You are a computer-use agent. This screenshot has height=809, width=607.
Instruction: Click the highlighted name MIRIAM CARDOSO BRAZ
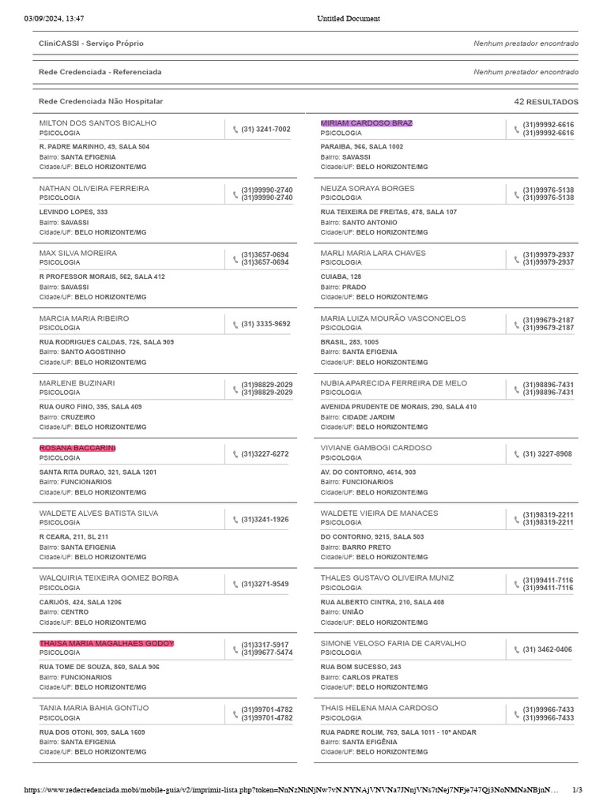click(x=366, y=123)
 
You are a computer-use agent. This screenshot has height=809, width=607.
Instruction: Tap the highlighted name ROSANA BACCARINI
click(x=77, y=448)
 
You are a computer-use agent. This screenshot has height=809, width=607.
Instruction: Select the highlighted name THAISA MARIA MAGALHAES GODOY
click(x=107, y=643)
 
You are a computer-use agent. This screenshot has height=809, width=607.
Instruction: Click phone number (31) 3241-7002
click(x=266, y=129)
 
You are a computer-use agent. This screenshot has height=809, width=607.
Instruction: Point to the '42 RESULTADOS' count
click(x=545, y=102)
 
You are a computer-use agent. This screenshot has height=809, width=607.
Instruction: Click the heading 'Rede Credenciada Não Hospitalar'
click(x=100, y=101)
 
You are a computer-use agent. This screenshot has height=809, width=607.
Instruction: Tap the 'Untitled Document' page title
click(x=349, y=18)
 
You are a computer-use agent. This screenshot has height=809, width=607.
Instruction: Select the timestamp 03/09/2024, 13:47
click(x=54, y=18)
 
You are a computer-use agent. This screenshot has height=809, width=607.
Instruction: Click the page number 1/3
click(x=577, y=789)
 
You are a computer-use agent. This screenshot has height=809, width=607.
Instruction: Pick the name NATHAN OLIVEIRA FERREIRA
click(x=94, y=189)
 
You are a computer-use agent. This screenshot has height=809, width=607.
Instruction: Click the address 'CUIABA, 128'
click(x=341, y=277)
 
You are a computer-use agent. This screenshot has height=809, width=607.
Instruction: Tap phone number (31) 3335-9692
click(x=266, y=324)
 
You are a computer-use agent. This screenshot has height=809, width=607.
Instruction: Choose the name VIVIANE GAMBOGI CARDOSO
click(x=376, y=448)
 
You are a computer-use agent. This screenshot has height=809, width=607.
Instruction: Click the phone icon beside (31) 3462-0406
click(x=516, y=649)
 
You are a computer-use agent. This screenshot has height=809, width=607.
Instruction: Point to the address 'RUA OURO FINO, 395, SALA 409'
click(x=91, y=407)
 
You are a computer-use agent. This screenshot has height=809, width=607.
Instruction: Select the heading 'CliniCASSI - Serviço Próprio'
click(x=91, y=43)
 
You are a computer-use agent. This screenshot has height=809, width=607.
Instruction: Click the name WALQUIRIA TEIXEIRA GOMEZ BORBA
click(x=109, y=578)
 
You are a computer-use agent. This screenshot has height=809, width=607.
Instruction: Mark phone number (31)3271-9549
click(x=265, y=585)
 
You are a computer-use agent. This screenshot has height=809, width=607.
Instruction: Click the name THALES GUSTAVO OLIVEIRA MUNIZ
click(x=387, y=578)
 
